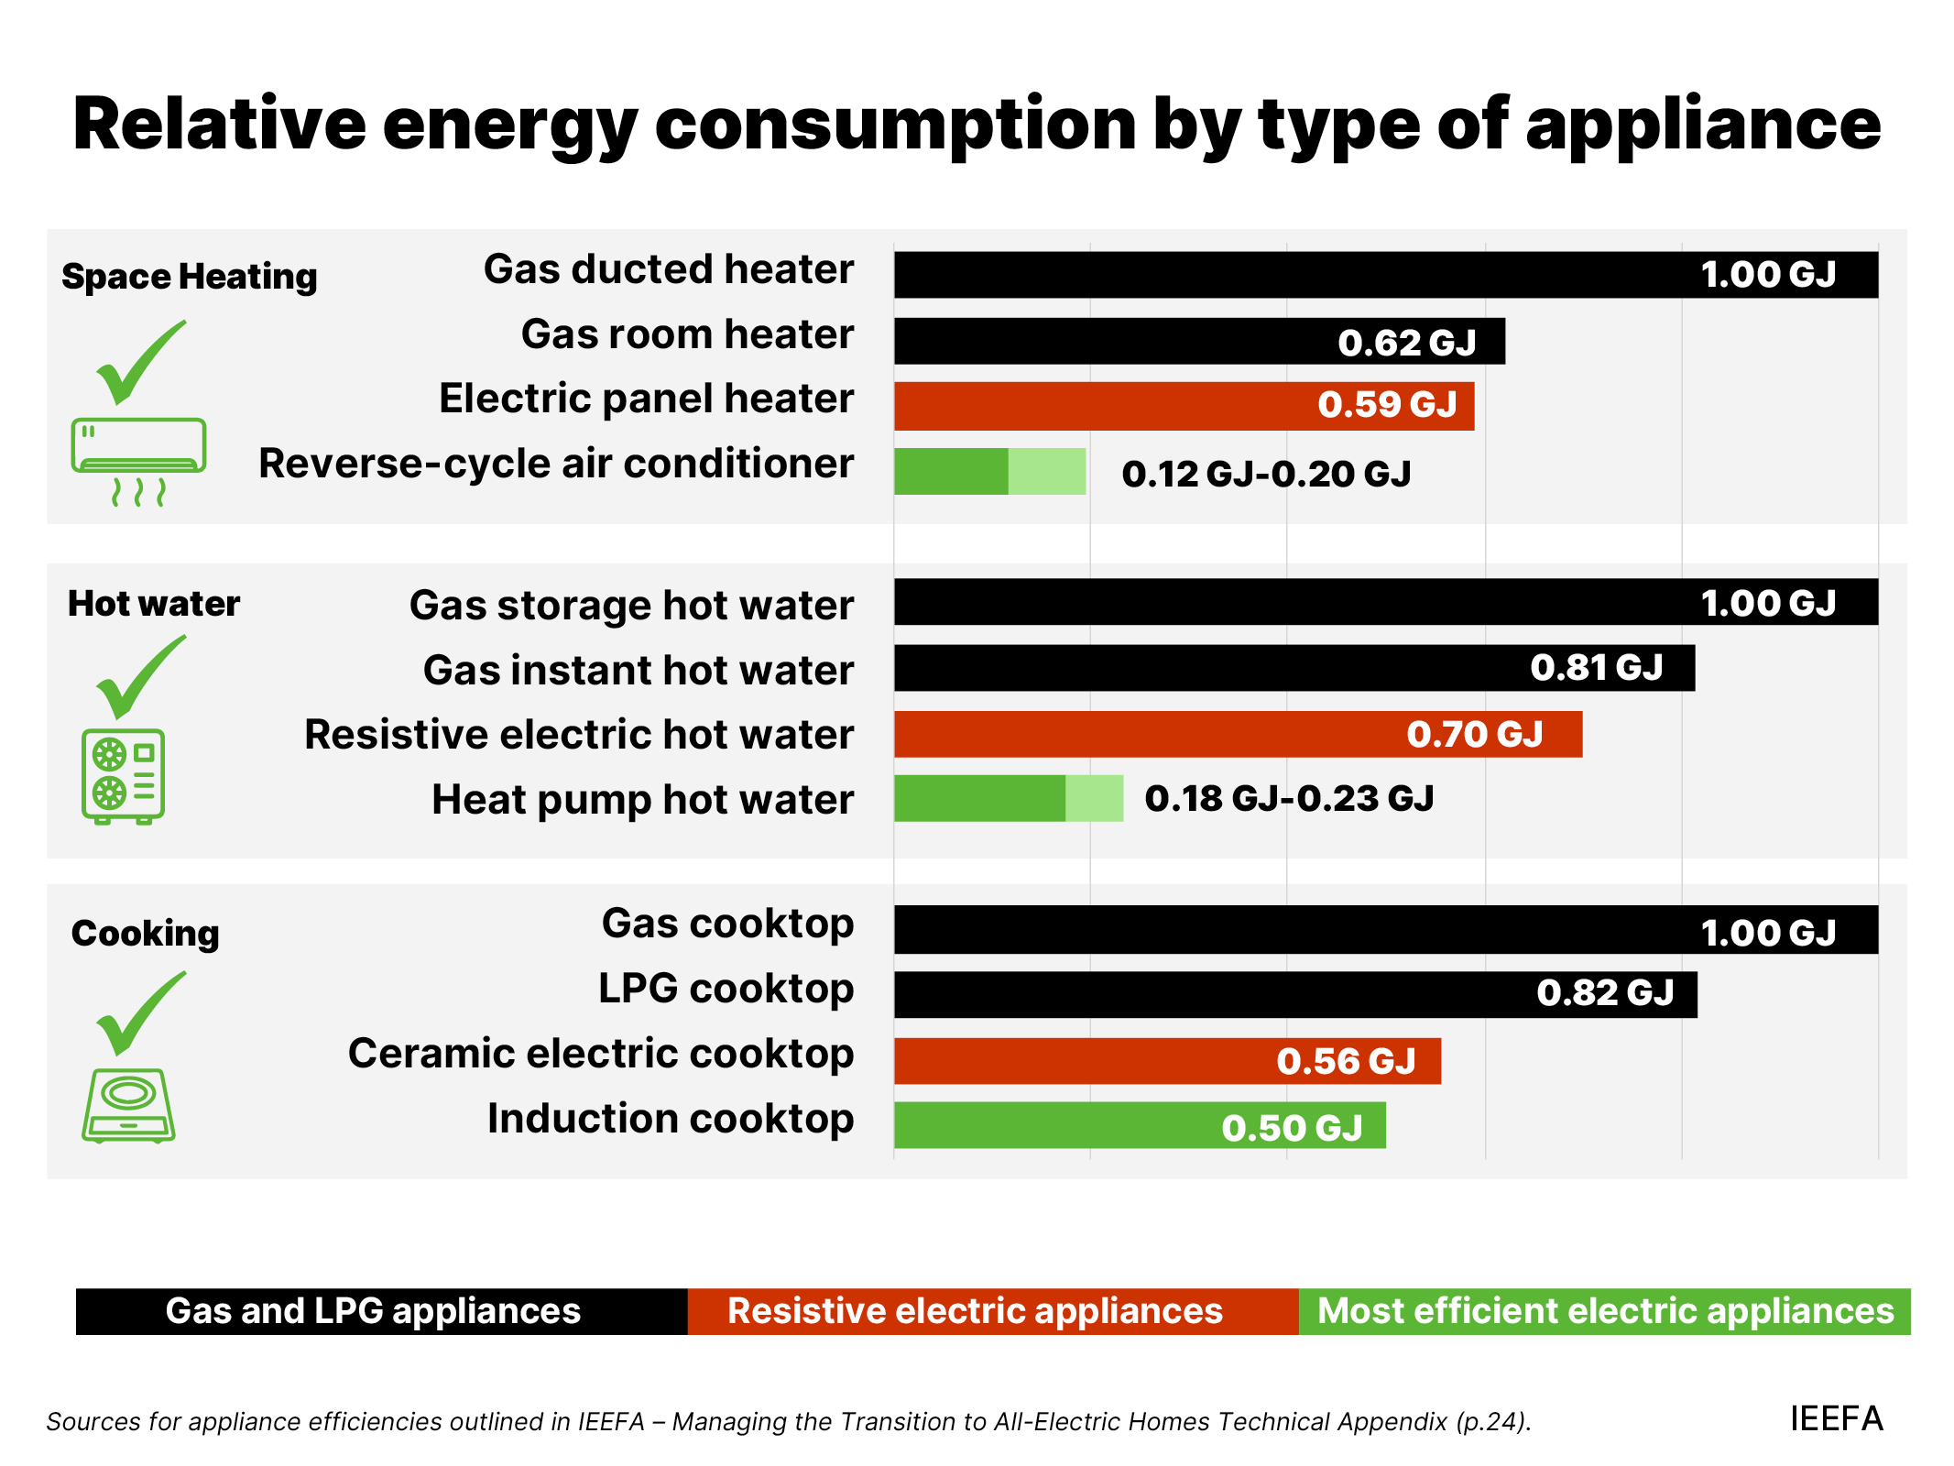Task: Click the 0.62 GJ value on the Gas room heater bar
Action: click(1406, 343)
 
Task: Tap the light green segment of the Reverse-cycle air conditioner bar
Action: click(1047, 471)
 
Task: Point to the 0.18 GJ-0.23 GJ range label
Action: click(1289, 798)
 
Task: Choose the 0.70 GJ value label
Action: click(1475, 734)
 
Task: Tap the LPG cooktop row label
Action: click(726, 990)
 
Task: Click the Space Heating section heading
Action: click(189, 277)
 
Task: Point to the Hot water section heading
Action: click(154, 604)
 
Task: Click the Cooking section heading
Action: click(145, 934)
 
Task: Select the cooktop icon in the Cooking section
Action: click(128, 1105)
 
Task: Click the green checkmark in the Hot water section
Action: click(139, 678)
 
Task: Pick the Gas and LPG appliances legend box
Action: click(381, 1311)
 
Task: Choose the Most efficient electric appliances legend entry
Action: click(1604, 1311)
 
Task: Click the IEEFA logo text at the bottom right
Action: click(1836, 1419)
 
